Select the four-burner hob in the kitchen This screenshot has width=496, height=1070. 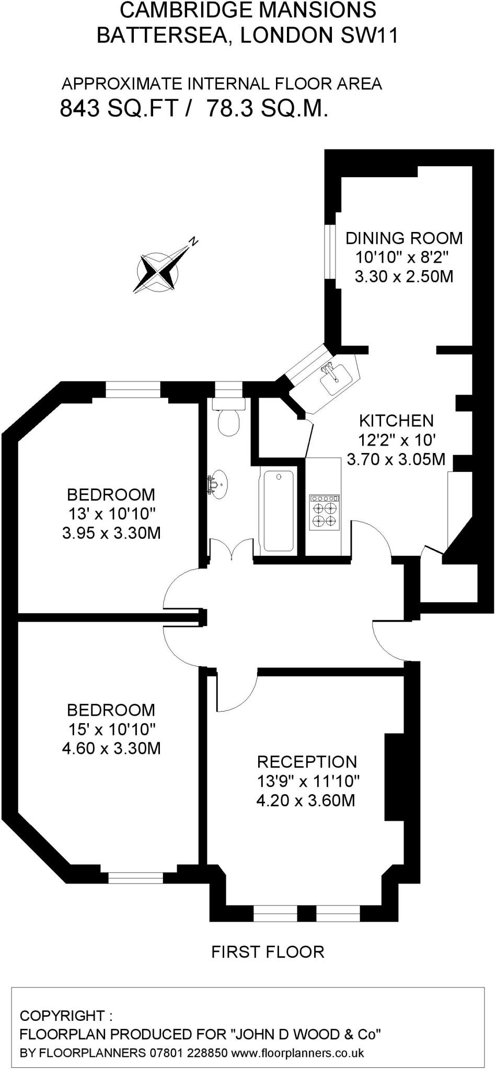click(324, 513)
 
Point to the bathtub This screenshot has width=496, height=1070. click(279, 511)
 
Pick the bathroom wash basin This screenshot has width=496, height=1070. click(218, 483)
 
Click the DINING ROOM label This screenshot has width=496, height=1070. click(404, 238)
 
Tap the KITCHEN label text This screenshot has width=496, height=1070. click(396, 421)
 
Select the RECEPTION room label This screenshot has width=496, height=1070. click(307, 761)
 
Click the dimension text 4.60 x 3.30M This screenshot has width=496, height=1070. click(111, 748)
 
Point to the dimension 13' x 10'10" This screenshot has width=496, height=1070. click(112, 514)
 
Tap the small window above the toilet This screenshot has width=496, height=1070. click(229, 389)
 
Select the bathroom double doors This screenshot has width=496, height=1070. click(230, 550)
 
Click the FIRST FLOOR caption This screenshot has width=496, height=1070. click(268, 952)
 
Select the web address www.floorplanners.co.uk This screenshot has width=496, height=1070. click(297, 1052)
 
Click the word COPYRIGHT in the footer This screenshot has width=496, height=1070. click(62, 1016)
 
